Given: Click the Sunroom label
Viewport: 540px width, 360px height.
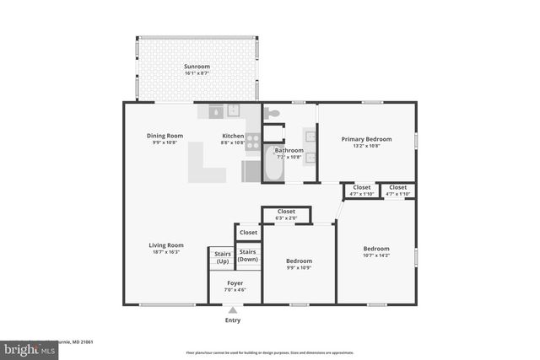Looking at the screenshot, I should point(197,66).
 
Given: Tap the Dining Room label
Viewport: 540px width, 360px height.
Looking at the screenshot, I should point(165,136).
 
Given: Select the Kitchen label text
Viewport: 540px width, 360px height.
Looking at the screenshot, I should point(233,136).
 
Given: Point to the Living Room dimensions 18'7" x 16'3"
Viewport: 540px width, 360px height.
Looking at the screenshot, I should point(166,252).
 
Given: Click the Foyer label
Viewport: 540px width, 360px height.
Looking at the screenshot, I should point(235,283).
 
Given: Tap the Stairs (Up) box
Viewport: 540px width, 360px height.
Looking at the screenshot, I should point(222,256).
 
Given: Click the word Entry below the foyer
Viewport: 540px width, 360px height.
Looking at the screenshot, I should point(233,320).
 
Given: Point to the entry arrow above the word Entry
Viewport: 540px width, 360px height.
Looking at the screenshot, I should point(233,310).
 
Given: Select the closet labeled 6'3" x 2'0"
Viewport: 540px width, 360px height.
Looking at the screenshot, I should point(285,214).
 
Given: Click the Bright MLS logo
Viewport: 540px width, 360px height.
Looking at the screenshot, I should point(25,347).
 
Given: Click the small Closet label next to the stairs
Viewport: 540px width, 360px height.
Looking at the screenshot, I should point(248,232).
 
